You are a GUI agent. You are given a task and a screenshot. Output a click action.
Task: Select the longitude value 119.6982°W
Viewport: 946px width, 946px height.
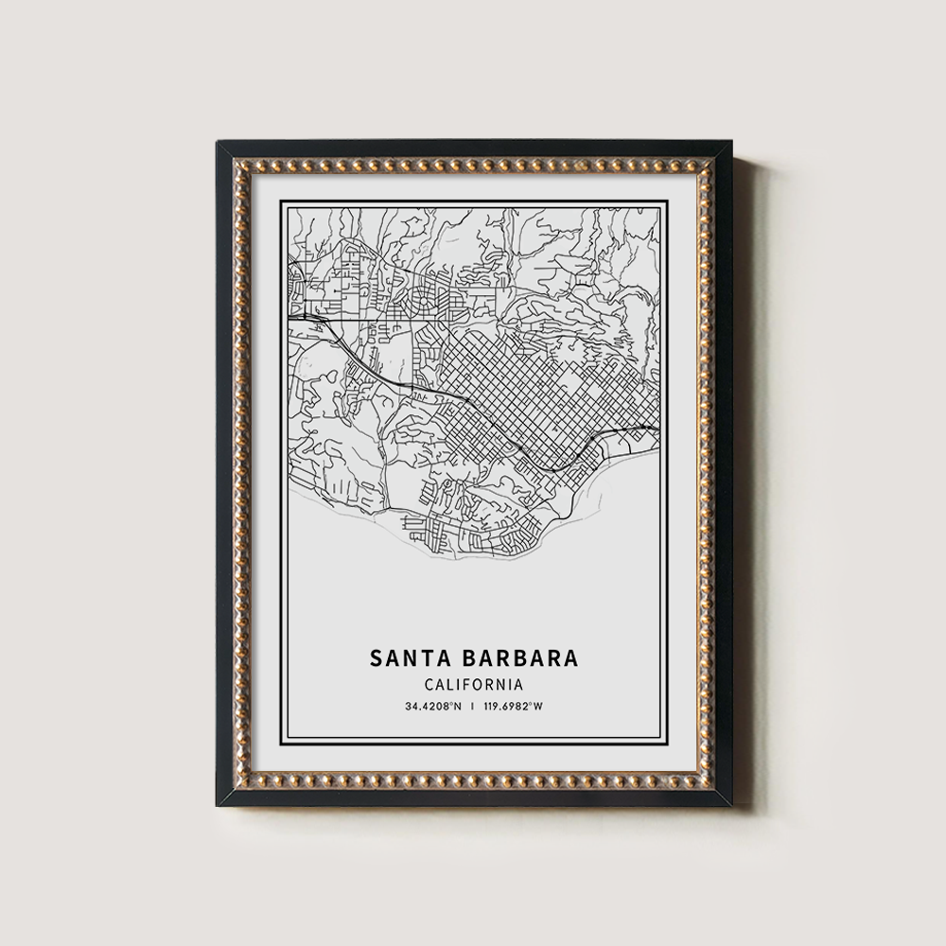pyautogui.click(x=515, y=707)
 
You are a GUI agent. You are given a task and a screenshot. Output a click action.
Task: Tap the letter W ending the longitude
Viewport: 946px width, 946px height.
pyautogui.click(x=540, y=707)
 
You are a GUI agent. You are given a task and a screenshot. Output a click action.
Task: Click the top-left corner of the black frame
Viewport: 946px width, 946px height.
pyautogui.click(x=219, y=143)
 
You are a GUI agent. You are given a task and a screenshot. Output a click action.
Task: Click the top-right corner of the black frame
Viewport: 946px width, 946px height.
pyautogui.click(x=729, y=143)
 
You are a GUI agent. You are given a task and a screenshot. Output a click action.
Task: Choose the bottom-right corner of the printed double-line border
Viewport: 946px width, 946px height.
pyautogui.click(x=668, y=745)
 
